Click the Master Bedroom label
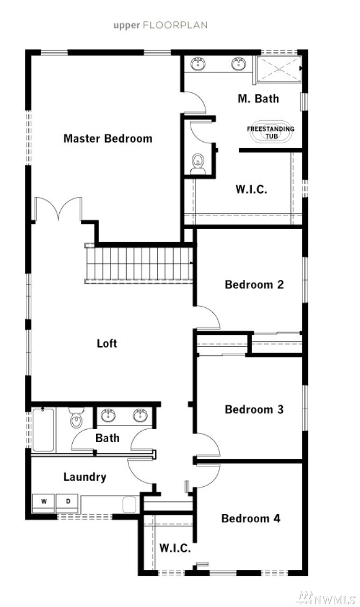coord(108,139)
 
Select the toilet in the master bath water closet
coord(198,164)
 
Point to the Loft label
coord(107,343)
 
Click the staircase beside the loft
coord(139,264)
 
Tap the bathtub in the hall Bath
coord(43,430)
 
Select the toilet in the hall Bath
coord(77,418)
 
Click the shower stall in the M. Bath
coord(279,68)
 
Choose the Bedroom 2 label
coord(254,285)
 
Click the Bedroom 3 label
coord(254,409)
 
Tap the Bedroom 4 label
coord(251,519)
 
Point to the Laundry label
coord(85,477)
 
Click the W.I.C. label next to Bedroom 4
coord(175,548)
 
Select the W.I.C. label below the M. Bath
coord(251,189)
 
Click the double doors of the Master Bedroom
coord(58,209)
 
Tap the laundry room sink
coord(129,505)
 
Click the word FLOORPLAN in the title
coord(175,25)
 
